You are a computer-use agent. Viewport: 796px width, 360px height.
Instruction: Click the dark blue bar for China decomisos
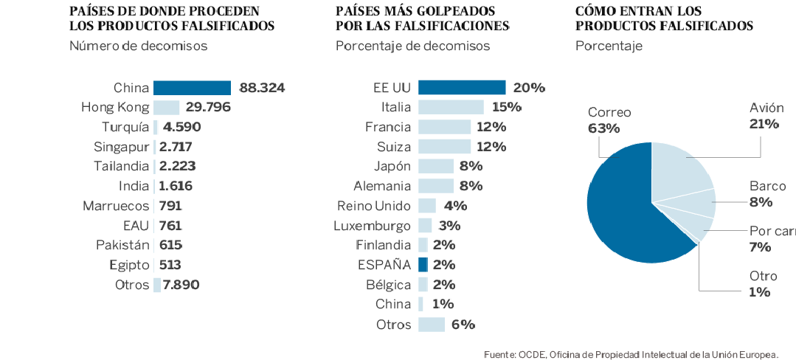click(192, 88)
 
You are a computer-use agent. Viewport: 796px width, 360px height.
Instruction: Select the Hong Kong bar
click(166, 107)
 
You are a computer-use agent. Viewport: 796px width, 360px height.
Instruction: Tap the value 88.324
click(262, 88)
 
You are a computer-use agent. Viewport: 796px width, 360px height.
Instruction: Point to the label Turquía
click(125, 127)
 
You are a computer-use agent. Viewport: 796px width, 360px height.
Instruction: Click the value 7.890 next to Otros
click(181, 285)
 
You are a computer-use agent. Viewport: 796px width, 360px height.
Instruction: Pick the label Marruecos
click(116, 206)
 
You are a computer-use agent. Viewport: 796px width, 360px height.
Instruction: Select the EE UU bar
click(462, 88)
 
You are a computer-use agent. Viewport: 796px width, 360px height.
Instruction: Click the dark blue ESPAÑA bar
click(423, 265)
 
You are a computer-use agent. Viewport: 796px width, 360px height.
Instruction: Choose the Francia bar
click(444, 127)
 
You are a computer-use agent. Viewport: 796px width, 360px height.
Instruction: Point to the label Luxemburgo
click(372, 226)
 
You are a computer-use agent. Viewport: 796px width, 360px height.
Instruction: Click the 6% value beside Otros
click(463, 324)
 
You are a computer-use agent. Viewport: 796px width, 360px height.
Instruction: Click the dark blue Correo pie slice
click(620, 214)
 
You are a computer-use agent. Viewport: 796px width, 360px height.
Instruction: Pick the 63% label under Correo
click(603, 128)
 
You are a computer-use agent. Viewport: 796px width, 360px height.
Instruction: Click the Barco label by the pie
click(767, 186)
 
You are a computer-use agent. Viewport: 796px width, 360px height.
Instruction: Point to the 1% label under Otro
click(760, 292)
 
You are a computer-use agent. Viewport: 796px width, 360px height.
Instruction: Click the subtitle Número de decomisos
click(138, 46)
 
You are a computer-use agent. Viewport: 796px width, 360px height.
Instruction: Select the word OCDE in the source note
click(533, 353)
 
